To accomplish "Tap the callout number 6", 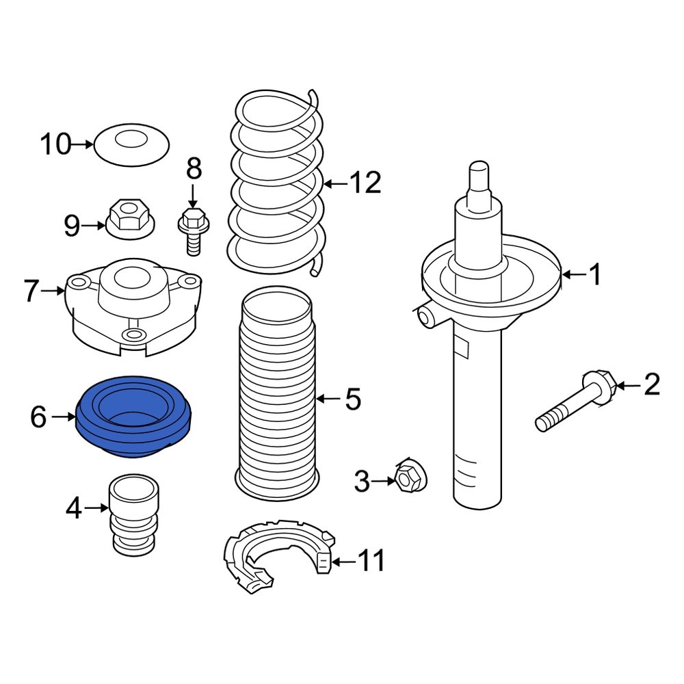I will [x=39, y=417].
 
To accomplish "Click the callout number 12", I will [x=364, y=183].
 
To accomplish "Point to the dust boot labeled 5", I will [x=276, y=397].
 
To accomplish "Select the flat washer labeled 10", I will [x=131, y=145].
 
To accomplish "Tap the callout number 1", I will [x=595, y=275].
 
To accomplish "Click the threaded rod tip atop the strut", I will [x=479, y=174].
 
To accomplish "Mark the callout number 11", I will [x=371, y=562].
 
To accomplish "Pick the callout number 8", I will [x=194, y=168].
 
